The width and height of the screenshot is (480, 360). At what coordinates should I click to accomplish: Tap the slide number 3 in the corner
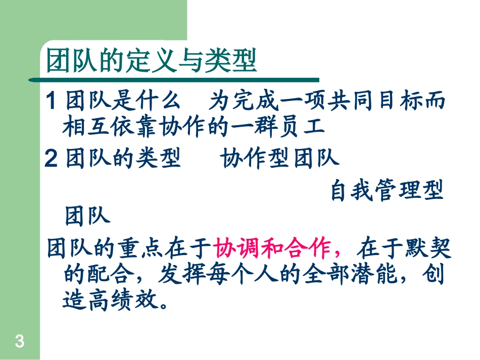pyautogui.click(x=20, y=342)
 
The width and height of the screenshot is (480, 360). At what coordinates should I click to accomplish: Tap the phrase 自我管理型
pyautogui.click(x=387, y=191)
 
